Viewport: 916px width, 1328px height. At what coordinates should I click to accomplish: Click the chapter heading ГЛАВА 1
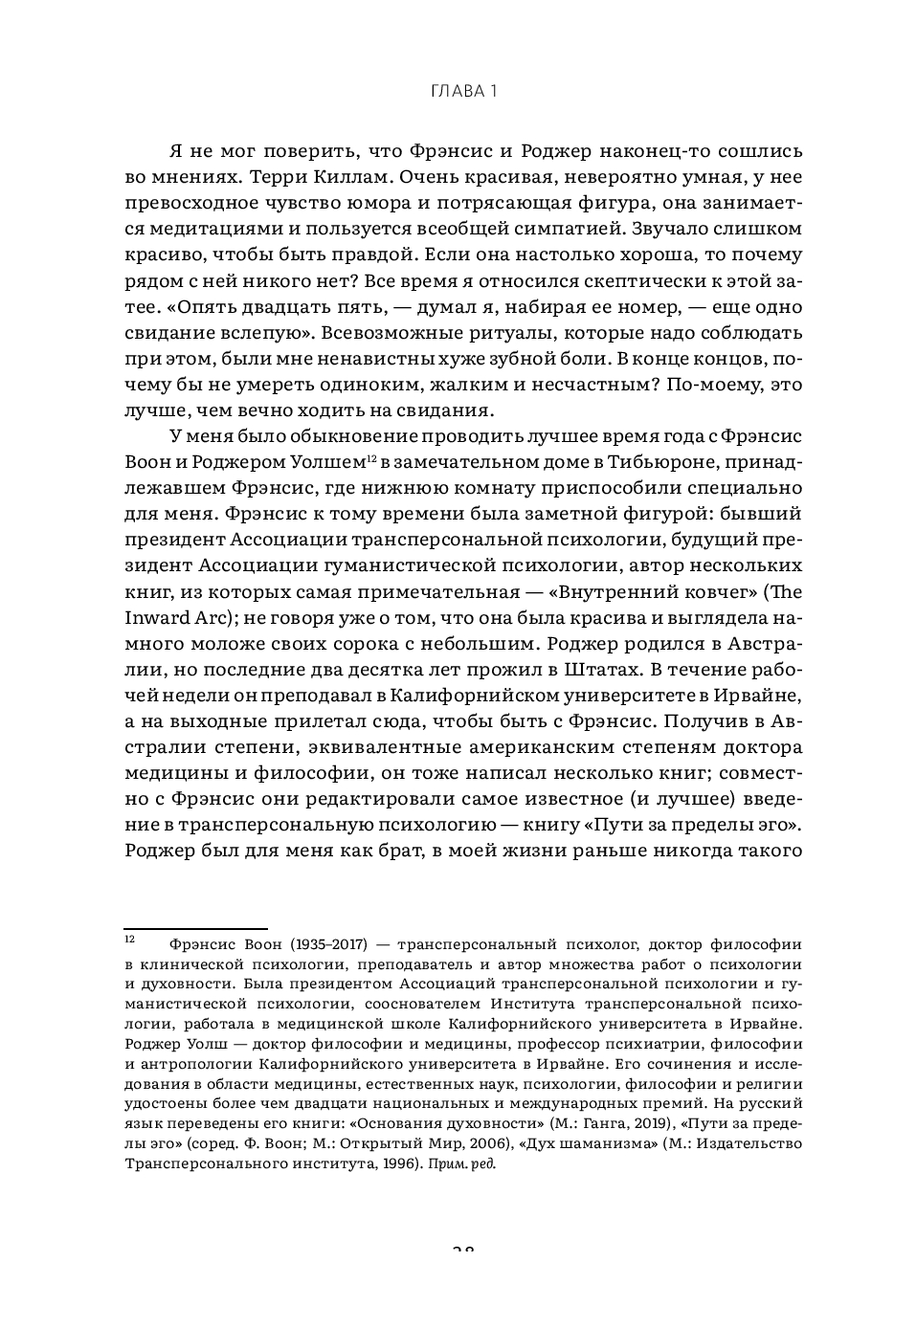pyautogui.click(x=458, y=92)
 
